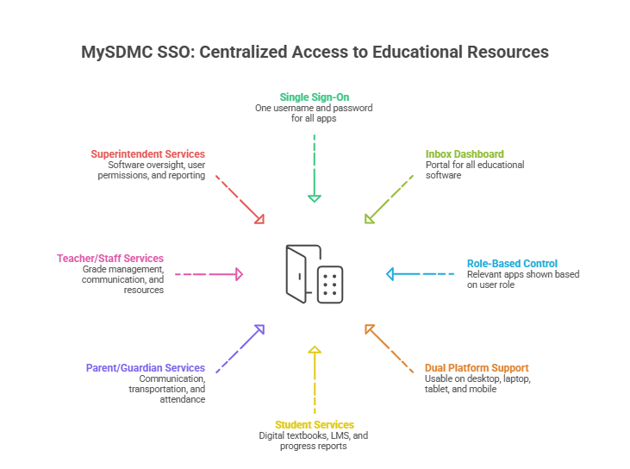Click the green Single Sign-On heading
315,97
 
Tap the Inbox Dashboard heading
465,154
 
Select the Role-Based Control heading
512,264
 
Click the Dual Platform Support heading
477,368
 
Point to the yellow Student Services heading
315,425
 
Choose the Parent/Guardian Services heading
146,368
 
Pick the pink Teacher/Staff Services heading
110,258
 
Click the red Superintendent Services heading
148,154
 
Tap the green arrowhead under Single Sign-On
315,198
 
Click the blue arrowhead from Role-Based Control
390,274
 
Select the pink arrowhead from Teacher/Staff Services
240,274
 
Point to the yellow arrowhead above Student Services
315,350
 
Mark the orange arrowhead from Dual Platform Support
369,328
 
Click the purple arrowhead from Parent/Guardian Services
259,329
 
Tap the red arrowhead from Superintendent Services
259,219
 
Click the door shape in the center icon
296,274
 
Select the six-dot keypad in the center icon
330,285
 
